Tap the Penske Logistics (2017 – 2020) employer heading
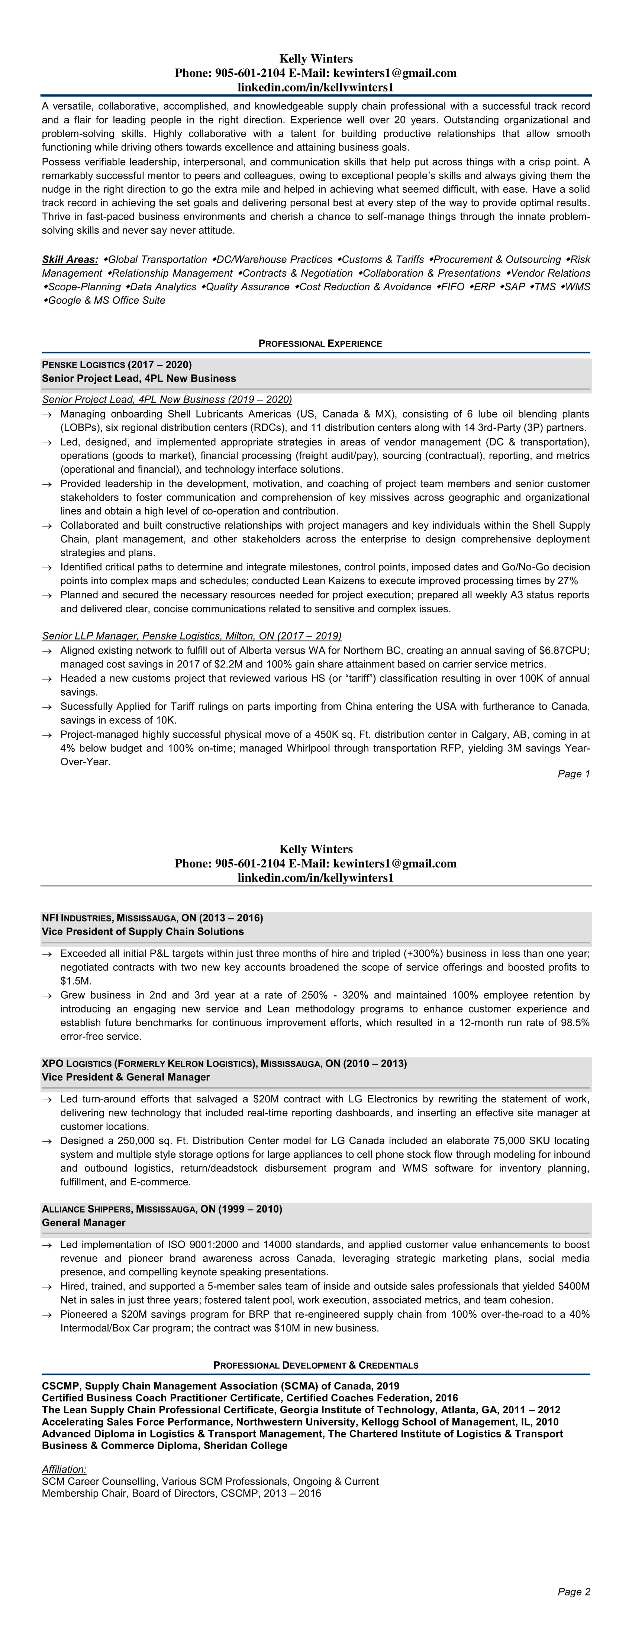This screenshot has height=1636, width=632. coord(117,364)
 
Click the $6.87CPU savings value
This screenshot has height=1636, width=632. coord(564,650)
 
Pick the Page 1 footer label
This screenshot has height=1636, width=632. coord(574,773)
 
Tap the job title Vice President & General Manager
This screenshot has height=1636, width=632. coord(126,1077)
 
